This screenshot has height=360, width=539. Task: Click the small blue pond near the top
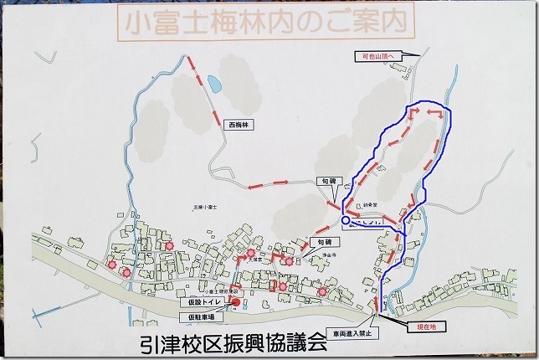point(214,84)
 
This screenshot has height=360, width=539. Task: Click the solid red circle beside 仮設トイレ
point(235,302)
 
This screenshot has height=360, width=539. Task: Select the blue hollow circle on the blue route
point(346,220)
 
